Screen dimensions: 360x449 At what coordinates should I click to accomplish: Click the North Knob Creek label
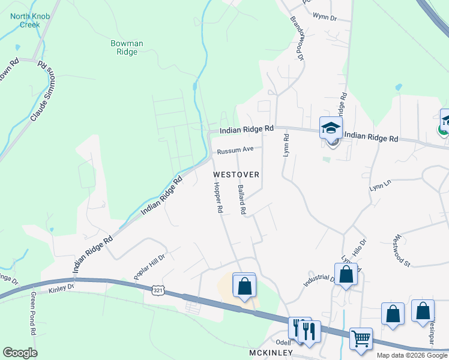25,20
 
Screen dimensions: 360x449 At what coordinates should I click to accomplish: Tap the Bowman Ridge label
127,47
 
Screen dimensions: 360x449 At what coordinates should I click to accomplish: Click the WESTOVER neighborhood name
236,175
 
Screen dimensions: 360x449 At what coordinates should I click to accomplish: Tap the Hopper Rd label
218,199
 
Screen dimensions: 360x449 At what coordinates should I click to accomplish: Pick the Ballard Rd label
242,200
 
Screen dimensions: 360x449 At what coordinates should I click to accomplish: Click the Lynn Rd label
286,146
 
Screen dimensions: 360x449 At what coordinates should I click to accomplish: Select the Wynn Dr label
325,19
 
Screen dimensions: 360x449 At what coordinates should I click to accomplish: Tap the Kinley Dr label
62,287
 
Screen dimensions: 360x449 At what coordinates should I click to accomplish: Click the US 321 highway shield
157,290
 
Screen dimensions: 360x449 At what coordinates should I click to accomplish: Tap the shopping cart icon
360,338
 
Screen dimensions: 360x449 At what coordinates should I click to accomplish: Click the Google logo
20,353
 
